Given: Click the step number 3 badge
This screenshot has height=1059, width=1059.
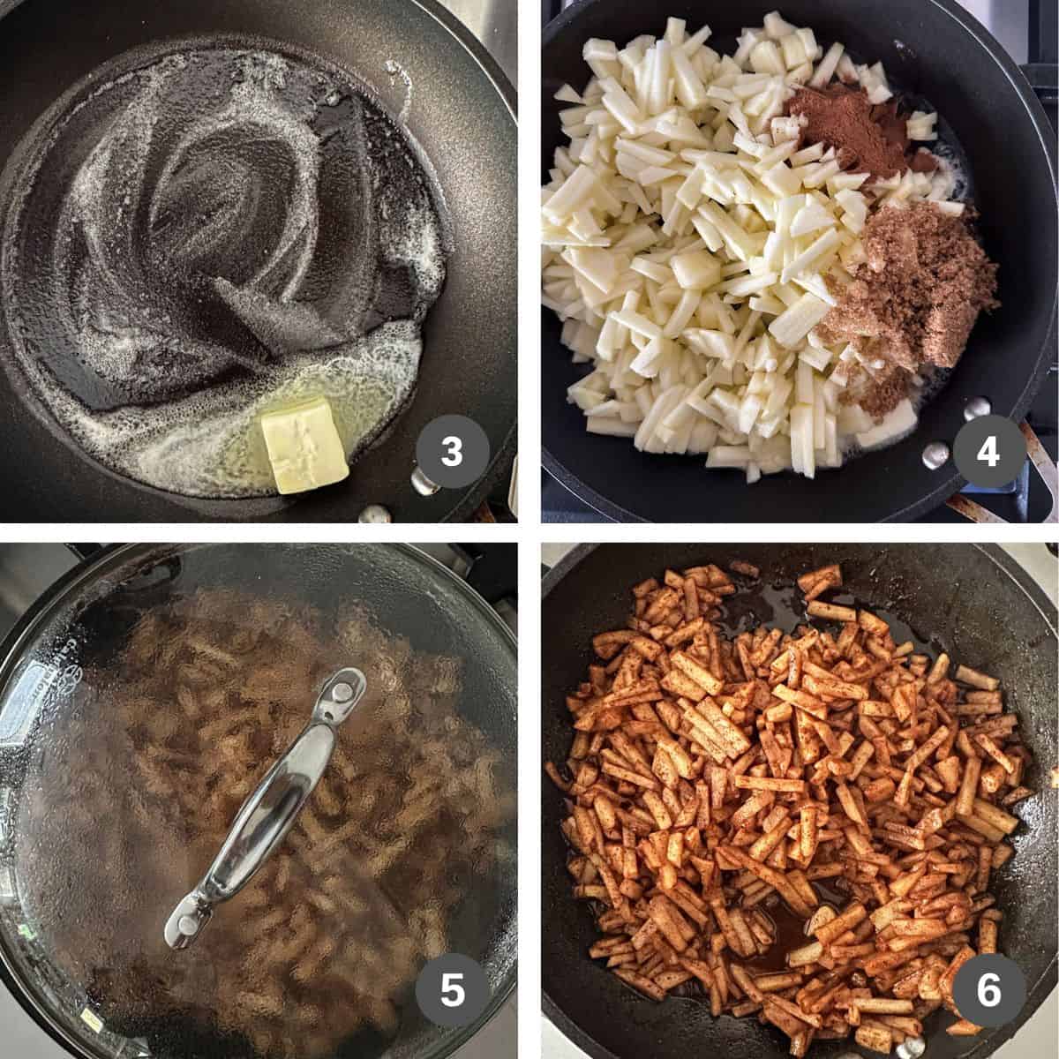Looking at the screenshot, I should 452,453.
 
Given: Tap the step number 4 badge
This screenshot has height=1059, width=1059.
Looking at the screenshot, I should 988,453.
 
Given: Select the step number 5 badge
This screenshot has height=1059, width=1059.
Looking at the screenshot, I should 452,991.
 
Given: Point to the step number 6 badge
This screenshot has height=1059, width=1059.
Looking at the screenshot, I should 988,991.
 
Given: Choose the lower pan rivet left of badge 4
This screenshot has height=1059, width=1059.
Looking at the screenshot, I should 929,455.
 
